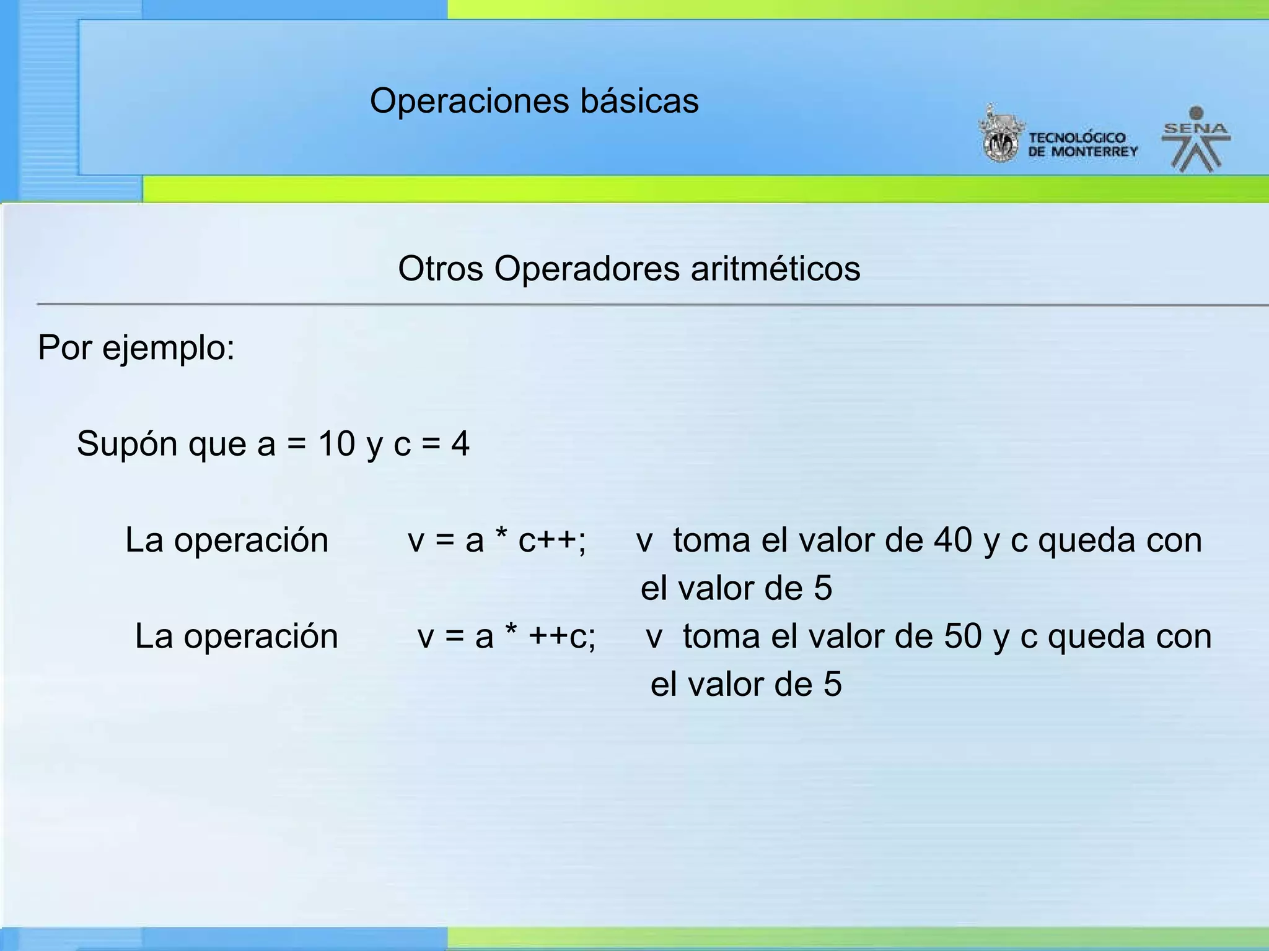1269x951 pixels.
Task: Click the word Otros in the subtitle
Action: click(440, 269)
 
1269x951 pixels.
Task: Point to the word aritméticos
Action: click(775, 269)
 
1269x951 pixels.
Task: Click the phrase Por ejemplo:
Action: click(136, 348)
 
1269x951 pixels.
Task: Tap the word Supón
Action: click(127, 445)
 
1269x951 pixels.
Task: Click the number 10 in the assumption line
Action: click(336, 444)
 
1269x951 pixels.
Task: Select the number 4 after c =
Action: click(460, 444)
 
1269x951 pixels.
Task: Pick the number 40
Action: click(953, 541)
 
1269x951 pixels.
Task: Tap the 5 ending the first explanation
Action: click(823, 589)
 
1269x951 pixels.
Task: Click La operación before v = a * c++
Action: click(227, 541)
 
